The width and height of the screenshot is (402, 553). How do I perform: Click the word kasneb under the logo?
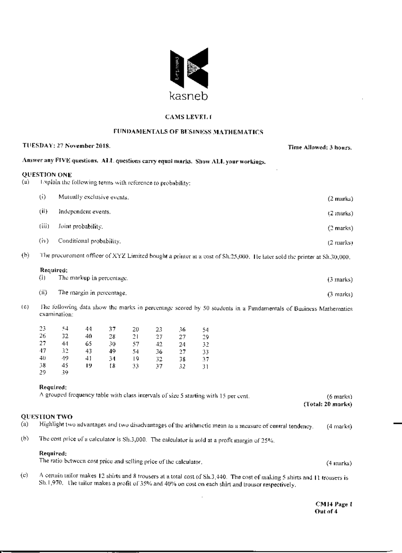tap(189, 96)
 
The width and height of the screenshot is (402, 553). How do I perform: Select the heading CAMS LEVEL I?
tap(188, 117)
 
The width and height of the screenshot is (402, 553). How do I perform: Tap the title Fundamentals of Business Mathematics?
tap(188, 132)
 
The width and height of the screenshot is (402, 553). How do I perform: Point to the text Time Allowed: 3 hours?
tap(320, 148)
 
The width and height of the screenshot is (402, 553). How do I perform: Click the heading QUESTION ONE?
tap(47, 175)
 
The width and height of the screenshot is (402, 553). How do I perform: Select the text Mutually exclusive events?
tap(93, 197)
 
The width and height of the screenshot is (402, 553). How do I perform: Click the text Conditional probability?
tap(89, 241)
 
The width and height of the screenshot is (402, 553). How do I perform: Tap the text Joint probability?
tap(80, 227)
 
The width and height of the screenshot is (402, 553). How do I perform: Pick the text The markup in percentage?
tap(93, 278)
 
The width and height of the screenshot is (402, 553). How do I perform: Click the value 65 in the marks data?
tap(89, 344)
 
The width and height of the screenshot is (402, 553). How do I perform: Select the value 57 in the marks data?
tap(135, 344)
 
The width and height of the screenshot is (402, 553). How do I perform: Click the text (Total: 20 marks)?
tap(328, 404)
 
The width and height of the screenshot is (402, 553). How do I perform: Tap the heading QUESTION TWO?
tap(47, 417)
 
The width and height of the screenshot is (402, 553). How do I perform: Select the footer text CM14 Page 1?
tap(333, 504)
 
